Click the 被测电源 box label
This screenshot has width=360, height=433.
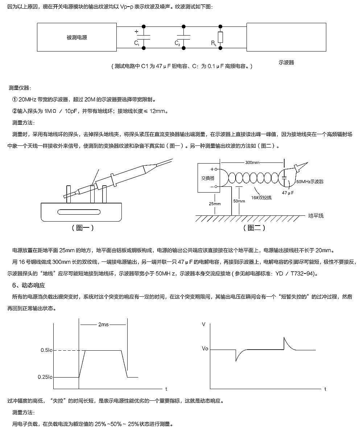tap(77, 37)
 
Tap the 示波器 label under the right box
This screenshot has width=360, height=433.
tap(286, 62)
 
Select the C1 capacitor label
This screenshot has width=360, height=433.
tap(136, 43)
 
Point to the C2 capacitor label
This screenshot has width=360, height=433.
tap(177, 43)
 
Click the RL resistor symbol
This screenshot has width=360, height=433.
tap(220, 37)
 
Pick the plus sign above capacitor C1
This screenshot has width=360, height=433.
tap(136, 32)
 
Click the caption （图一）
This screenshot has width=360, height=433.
tap(83, 228)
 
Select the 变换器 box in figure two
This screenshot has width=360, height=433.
tap(208, 178)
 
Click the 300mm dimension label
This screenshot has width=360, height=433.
tap(253, 162)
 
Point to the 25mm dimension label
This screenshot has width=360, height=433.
tap(215, 203)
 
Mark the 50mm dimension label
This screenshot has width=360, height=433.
tap(239, 201)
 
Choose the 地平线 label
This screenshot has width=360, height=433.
tap(316, 216)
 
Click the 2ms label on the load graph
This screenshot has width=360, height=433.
tap(103, 325)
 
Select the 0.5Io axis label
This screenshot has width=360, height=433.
tap(45, 350)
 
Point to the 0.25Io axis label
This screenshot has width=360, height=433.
tap(45, 377)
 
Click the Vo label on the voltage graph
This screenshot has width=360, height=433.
tap(205, 349)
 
